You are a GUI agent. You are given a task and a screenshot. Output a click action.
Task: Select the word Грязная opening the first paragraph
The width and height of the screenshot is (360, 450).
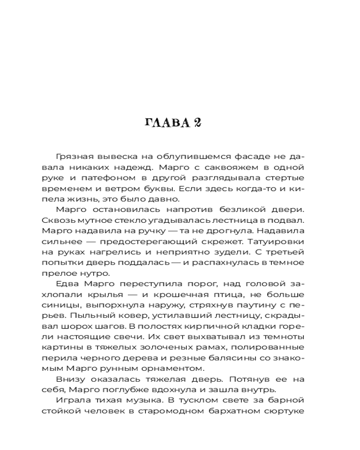[x=73, y=157]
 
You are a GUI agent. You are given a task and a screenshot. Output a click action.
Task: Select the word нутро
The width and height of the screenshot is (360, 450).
[x=87, y=272]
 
